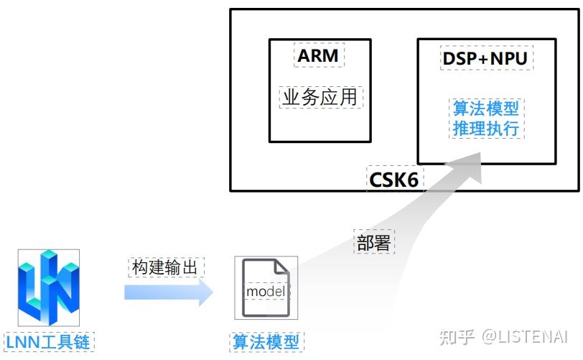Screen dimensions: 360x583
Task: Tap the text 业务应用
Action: [320, 97]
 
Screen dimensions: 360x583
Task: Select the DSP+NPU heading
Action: [485, 59]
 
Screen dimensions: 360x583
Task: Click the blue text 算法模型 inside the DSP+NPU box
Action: [485, 109]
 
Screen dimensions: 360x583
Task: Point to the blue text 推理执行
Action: [485, 129]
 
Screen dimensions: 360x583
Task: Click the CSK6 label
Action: [393, 179]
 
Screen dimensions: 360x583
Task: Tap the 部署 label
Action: [373, 242]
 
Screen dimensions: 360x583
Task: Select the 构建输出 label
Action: [167, 267]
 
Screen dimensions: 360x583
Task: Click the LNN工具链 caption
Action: [48, 341]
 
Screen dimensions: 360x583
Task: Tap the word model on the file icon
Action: [266, 292]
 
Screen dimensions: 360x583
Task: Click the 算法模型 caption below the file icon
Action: [266, 341]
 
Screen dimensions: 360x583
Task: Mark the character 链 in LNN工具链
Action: [83, 341]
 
